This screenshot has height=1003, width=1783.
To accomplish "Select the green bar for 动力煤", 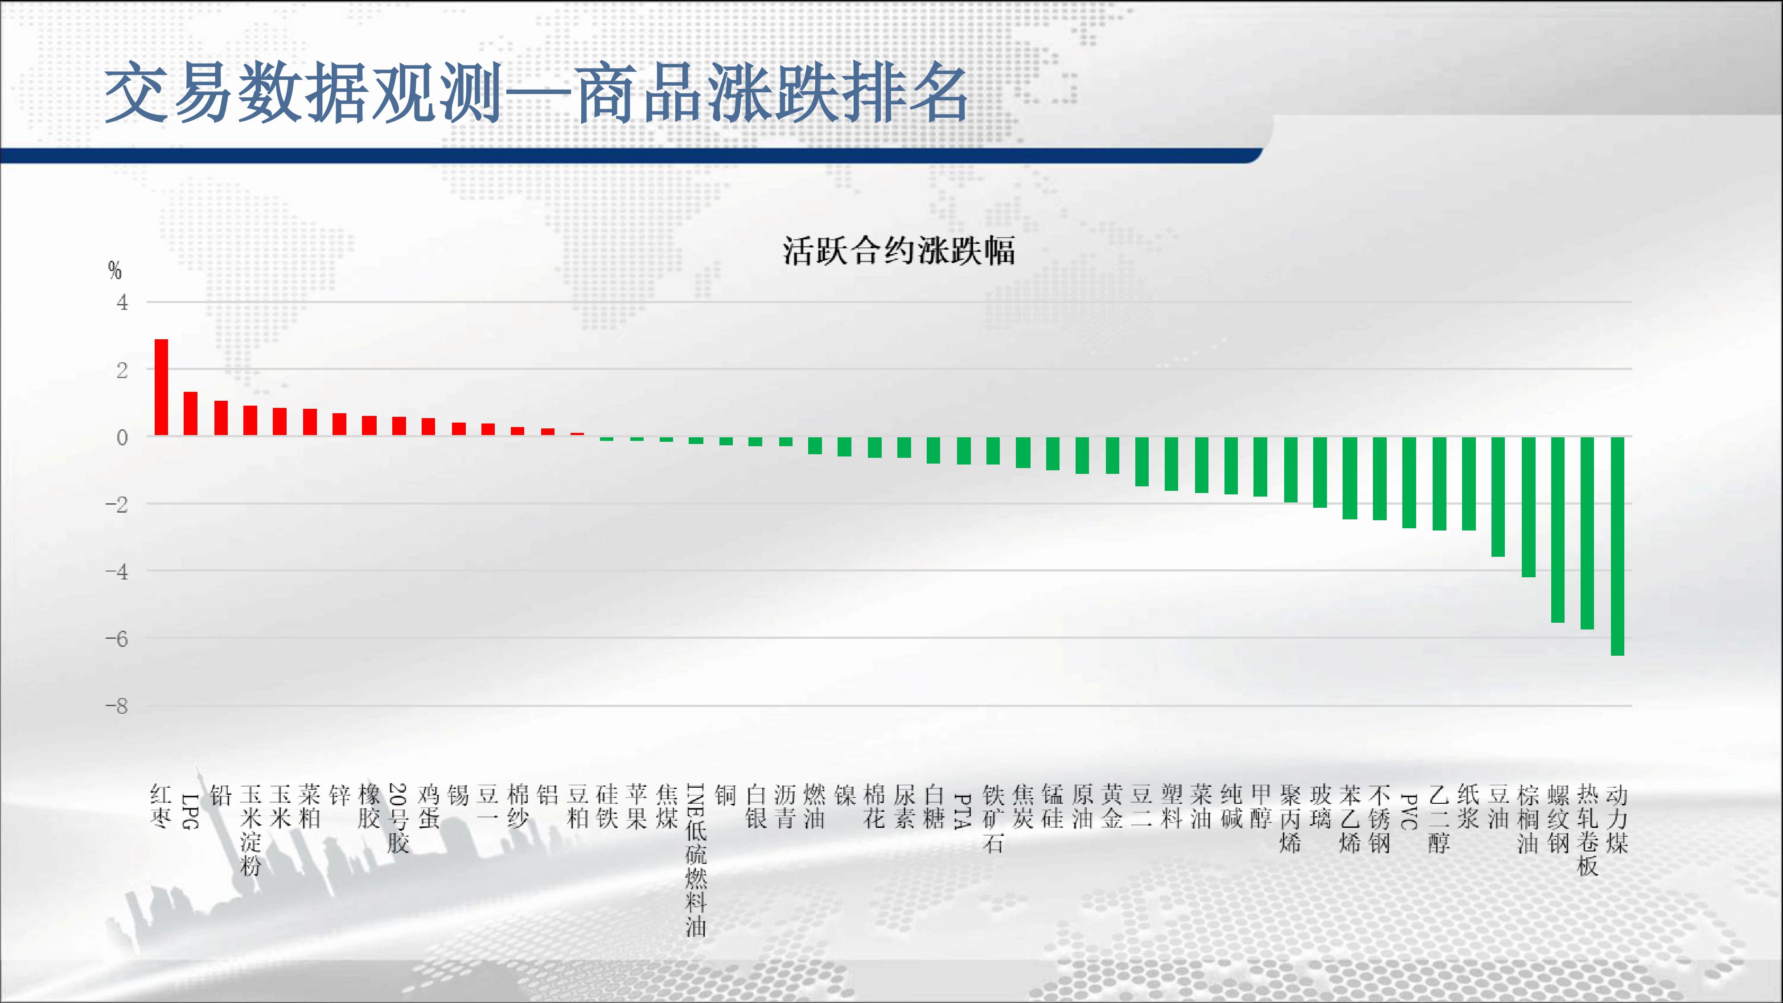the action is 1618,546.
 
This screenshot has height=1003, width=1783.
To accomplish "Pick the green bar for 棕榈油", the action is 1528,507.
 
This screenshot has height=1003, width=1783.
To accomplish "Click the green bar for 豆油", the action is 1498,496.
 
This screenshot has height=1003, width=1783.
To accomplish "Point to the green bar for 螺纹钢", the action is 1558,530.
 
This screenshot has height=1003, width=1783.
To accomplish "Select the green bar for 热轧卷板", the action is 1588,533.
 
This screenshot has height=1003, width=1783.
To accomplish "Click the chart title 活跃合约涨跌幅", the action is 899,251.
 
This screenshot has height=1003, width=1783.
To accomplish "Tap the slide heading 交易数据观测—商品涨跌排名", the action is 536,93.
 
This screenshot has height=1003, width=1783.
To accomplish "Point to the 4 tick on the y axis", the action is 123,303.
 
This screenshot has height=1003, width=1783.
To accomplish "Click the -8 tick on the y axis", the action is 117,707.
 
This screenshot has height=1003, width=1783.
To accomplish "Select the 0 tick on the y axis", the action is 123,437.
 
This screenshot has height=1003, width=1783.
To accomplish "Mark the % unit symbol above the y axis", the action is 115,270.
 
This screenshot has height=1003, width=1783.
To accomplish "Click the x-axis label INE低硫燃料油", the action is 696,860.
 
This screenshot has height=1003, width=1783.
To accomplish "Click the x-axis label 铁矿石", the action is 993,818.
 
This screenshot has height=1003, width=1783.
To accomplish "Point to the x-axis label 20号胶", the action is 399,818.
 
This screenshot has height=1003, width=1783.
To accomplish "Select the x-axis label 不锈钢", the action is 1380,818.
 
